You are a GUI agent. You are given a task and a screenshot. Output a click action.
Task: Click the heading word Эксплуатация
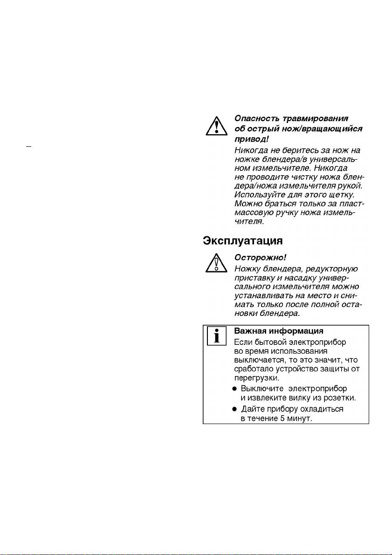point(242,241)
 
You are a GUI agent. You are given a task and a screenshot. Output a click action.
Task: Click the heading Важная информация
point(278,331)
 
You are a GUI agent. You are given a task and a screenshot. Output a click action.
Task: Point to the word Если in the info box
point(241,342)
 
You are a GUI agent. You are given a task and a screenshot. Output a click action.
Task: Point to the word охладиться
point(320,409)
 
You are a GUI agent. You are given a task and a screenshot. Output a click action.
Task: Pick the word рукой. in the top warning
point(350,185)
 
